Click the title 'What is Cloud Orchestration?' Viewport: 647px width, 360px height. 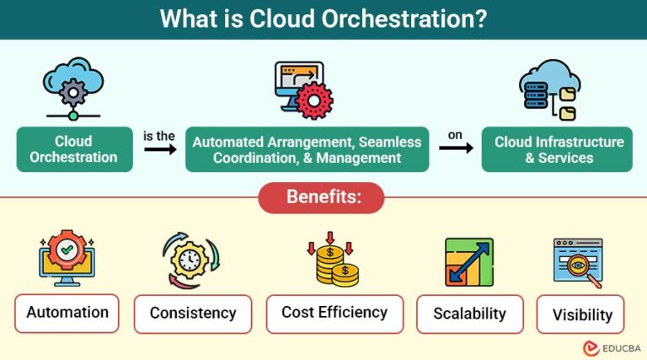pos(323,19)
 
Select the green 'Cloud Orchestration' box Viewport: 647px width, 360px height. pos(74,149)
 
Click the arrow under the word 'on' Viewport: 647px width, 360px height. pos(455,148)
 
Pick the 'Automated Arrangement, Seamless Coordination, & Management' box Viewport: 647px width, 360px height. pos(307,149)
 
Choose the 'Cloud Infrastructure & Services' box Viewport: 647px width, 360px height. pos(557,149)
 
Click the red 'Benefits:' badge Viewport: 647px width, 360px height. pos(323,197)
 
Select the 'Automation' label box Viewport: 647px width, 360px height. pos(67,313)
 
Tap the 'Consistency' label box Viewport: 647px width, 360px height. pos(193,314)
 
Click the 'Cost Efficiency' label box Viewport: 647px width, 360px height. pos(334,313)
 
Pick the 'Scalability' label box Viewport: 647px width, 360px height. pos(469,314)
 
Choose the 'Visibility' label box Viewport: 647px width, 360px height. pos(581,314)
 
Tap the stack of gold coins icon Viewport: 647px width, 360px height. pos(335,263)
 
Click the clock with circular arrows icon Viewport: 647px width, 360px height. pos(190,262)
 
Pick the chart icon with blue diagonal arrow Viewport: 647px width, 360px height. pos(469,262)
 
